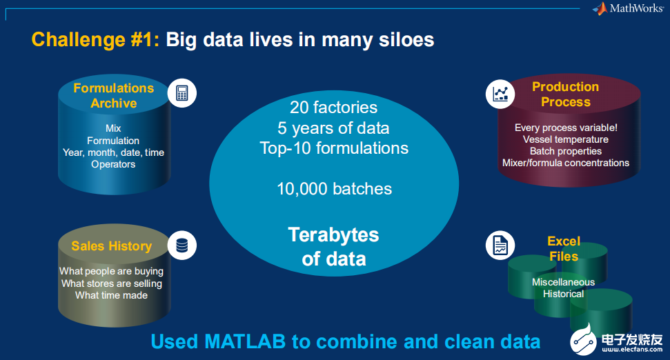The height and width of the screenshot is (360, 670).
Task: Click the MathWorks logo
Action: (x=628, y=8)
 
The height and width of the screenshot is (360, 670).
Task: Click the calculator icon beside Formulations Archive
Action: (x=182, y=93)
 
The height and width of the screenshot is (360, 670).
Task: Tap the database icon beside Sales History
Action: (x=182, y=246)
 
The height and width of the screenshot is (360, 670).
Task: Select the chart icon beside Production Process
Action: (x=500, y=94)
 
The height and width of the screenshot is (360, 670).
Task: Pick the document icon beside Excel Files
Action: (x=500, y=246)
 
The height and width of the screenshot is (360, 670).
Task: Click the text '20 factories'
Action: (x=334, y=107)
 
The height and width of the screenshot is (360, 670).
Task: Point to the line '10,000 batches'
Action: (x=334, y=189)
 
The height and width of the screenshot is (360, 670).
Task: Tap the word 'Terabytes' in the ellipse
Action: (x=334, y=235)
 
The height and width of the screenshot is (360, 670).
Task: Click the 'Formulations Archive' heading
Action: (x=114, y=96)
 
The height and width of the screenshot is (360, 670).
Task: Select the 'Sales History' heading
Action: (x=112, y=246)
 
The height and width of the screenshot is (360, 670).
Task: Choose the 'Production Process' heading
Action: (x=565, y=94)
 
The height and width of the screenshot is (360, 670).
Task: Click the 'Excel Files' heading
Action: (x=564, y=248)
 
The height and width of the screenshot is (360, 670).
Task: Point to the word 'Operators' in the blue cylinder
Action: (x=113, y=164)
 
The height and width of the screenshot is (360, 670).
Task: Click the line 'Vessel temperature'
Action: (x=565, y=139)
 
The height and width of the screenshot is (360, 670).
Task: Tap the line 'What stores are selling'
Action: (x=112, y=283)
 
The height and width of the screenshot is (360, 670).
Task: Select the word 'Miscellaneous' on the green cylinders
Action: (x=563, y=282)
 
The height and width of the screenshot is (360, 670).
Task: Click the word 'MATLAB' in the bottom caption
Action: (x=245, y=341)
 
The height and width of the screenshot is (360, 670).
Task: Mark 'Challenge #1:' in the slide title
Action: (x=95, y=40)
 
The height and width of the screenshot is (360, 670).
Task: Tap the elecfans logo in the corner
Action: (x=617, y=340)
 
